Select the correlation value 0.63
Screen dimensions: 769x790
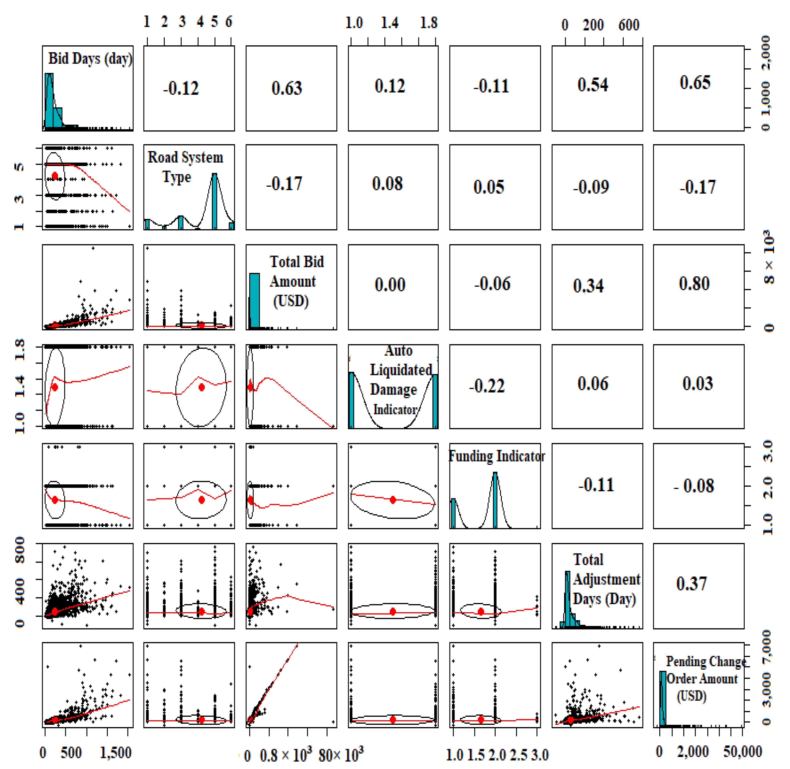(287, 88)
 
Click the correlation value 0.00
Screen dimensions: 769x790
(390, 285)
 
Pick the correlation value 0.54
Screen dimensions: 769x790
(592, 85)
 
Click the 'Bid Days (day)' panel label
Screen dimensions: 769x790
(90, 59)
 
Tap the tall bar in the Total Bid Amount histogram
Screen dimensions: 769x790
(254, 301)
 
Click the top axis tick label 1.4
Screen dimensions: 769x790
(390, 23)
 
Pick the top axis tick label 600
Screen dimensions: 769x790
(628, 25)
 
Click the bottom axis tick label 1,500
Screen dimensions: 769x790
(115, 753)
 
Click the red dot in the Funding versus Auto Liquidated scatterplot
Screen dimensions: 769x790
(393, 500)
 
